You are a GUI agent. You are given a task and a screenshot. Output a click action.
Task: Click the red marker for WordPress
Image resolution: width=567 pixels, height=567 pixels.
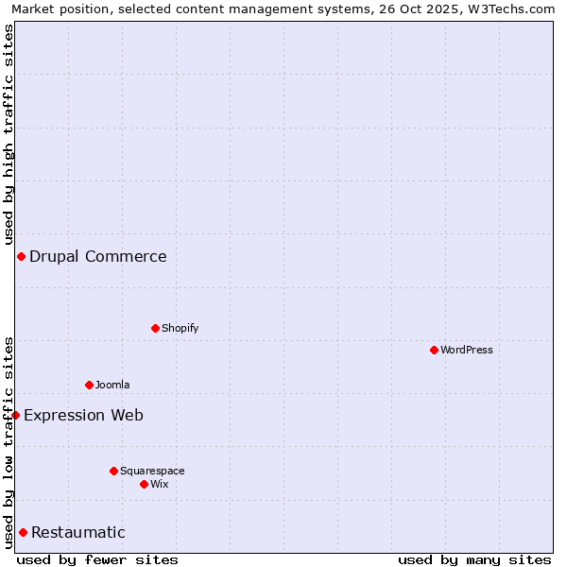click(434, 350)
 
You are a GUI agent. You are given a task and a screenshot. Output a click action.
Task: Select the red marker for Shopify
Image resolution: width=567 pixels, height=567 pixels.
click(155, 328)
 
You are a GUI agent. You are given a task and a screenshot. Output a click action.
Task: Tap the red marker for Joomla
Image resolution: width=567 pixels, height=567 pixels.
click(89, 385)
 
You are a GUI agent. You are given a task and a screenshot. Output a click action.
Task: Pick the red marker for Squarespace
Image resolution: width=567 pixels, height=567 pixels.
click(113, 471)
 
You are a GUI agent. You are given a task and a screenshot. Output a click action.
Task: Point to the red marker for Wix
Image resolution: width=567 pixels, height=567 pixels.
click(144, 484)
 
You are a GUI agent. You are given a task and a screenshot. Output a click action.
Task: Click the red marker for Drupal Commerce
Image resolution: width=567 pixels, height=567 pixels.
click(21, 256)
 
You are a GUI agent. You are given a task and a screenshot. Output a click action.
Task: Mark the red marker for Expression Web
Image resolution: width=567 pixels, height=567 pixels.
click(15, 415)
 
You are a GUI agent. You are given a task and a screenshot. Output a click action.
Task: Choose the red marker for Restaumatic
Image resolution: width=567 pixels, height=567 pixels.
click(23, 532)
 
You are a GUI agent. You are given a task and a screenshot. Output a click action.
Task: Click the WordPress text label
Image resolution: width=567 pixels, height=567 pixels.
click(467, 350)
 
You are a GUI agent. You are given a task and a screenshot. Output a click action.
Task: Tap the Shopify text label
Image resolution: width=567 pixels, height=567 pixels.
click(180, 328)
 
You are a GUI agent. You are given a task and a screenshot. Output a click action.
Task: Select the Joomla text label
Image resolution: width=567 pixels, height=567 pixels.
click(112, 385)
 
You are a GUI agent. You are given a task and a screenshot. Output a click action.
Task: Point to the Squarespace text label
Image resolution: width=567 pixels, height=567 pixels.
click(152, 471)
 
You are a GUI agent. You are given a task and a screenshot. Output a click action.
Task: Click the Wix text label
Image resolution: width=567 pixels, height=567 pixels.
click(160, 484)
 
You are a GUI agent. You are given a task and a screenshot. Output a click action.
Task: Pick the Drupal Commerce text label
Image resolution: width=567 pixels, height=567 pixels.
click(98, 256)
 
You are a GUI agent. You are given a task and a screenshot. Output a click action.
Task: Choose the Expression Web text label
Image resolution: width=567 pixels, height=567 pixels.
click(84, 415)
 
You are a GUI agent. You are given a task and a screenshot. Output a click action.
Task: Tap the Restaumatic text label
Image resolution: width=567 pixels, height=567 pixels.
click(78, 532)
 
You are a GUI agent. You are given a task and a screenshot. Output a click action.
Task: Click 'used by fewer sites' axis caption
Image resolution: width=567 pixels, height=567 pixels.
click(97, 559)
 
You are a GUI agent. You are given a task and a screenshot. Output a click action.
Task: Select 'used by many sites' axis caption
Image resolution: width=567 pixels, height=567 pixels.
click(474, 559)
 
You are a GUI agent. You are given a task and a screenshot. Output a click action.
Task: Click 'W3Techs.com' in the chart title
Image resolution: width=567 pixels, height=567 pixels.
click(514, 9)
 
